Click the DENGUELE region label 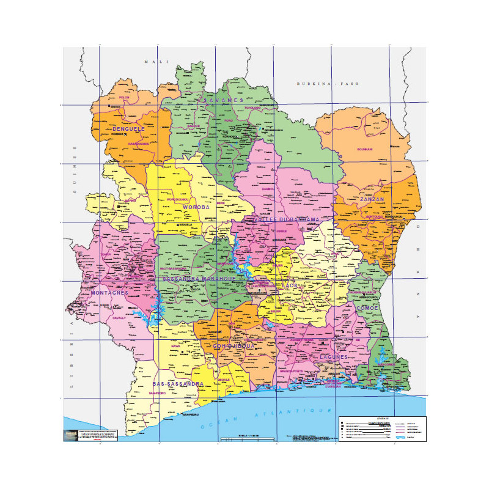coord(128,130)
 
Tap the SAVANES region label coord(223,100)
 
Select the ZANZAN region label coord(372,199)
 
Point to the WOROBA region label coord(196,207)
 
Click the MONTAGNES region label coord(109,293)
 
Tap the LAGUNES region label coord(334,356)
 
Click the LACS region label coord(289,285)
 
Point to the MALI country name coord(150,62)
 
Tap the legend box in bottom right coord(382,428)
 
